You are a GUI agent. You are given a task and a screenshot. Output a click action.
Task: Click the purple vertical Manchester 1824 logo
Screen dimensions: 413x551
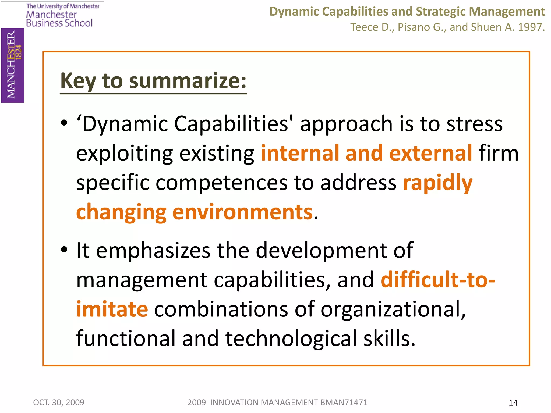(12, 65)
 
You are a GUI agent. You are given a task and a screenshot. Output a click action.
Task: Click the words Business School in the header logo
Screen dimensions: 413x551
(59, 23)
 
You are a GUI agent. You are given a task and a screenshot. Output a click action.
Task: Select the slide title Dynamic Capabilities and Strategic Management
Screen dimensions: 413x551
(407, 12)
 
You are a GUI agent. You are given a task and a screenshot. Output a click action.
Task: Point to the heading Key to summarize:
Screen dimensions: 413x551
(153, 81)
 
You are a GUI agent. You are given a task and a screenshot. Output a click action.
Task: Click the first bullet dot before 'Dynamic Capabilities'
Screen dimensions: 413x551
(64, 123)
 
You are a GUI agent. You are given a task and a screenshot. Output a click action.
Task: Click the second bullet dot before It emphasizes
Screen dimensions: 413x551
(64, 250)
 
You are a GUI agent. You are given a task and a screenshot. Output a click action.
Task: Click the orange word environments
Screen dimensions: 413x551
(242, 212)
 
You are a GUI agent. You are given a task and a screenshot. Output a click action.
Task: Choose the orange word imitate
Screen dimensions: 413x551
(112, 309)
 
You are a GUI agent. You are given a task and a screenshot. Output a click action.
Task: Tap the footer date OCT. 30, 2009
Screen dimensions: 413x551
(59, 402)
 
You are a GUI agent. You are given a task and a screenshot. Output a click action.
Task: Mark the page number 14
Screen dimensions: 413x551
(513, 403)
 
